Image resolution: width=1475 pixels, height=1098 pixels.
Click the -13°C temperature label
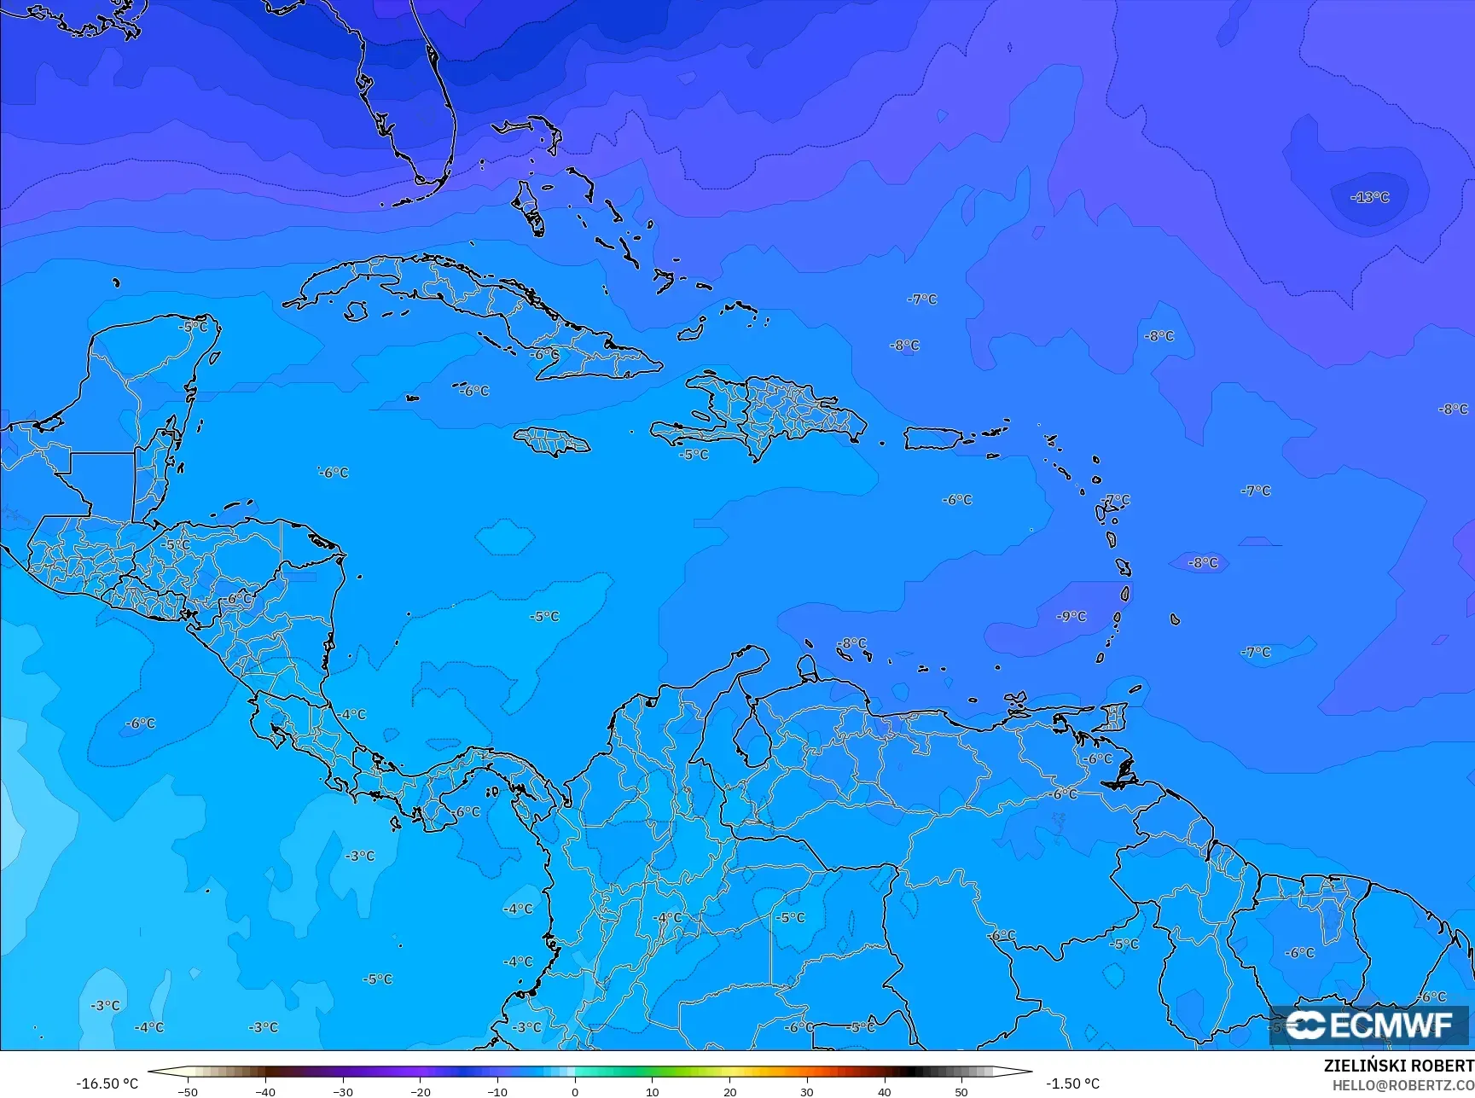coord(1370,197)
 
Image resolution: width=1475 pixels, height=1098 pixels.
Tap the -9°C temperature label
coord(1071,616)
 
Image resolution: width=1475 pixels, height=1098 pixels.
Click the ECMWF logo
coord(1370,1024)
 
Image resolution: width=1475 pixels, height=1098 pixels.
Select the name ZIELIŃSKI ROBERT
coord(1398,1066)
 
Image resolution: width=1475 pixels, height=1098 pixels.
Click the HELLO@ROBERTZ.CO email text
coord(1403,1085)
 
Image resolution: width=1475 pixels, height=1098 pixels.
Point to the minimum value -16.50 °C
coord(107,1083)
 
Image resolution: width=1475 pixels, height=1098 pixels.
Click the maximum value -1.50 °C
coord(1072,1083)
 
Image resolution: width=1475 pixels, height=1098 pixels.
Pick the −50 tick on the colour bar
coord(188,1091)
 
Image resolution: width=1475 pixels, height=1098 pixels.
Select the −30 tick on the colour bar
coord(342,1091)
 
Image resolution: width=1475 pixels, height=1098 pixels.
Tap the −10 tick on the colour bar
coord(497,1091)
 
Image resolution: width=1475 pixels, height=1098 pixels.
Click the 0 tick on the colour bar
coord(575,1091)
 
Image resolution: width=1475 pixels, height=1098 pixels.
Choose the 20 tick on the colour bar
coord(729,1091)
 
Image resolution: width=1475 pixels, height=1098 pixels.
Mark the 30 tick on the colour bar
coord(807,1091)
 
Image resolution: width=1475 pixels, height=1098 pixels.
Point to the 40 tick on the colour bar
coord(885,1091)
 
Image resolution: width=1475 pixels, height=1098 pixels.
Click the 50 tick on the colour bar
coord(961,1091)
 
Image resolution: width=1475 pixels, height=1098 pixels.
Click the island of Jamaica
coord(551,441)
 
